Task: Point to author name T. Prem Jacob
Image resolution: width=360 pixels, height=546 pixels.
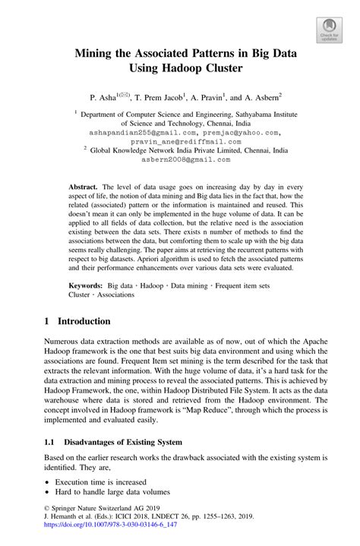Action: click(x=159, y=97)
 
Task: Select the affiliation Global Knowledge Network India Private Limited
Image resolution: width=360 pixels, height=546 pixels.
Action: click(x=189, y=150)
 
